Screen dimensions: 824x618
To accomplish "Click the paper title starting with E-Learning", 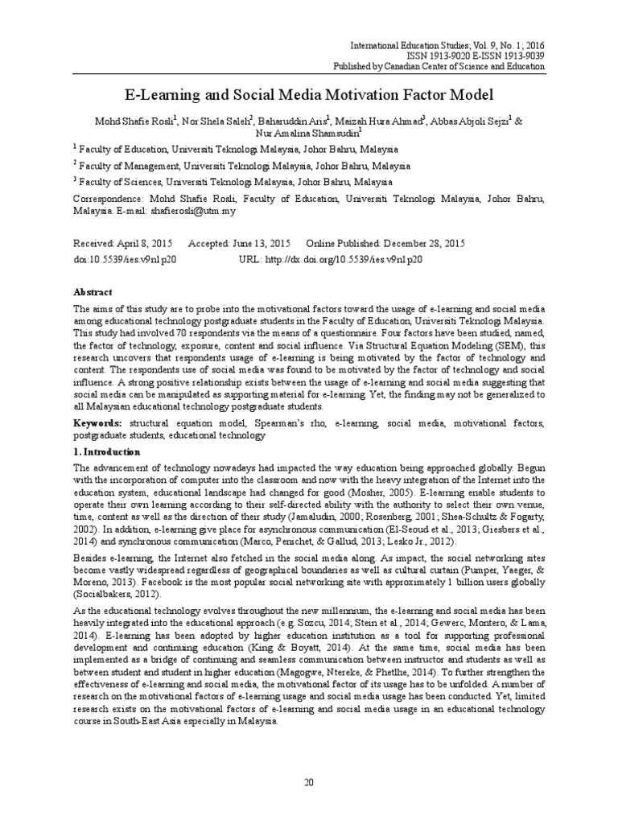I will [308, 95].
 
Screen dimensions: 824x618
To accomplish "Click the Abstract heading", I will [93, 292].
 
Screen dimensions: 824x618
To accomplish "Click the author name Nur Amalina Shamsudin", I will [308, 133].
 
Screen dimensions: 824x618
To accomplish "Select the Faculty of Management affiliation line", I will [241, 166].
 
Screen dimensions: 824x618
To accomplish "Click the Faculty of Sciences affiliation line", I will [234, 182].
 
